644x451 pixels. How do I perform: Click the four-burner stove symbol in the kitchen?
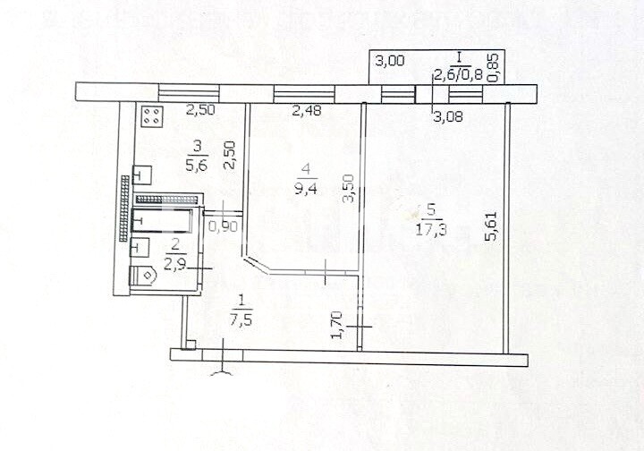153,115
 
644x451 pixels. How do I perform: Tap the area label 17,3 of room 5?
431,229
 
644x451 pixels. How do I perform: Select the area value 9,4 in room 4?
306,189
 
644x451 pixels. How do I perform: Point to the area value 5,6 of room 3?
197,166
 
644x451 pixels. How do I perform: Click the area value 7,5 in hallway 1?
241,320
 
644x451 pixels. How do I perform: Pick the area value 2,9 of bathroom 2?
175,264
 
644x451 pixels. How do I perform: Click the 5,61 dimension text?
491,225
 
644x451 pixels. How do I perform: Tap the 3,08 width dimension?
448,116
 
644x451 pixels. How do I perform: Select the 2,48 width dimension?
307,110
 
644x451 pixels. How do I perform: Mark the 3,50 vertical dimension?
348,189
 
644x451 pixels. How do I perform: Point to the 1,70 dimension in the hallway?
337,325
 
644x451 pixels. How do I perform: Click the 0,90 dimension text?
223,226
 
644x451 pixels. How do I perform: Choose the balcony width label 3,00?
390,61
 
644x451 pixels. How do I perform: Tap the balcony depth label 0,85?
494,66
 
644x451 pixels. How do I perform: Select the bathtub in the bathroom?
162,220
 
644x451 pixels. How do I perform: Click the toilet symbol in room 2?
142,276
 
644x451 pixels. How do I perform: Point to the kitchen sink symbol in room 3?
142,175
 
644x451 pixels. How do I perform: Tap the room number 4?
306,168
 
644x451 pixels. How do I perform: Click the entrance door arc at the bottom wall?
222,372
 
